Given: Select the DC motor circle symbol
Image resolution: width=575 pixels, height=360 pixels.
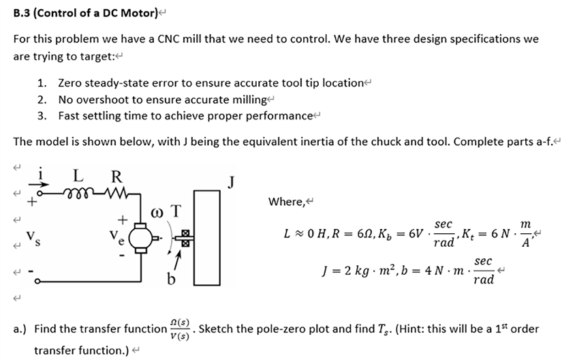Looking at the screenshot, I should tap(142, 238).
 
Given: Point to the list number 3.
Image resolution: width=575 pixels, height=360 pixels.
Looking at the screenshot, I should tap(42, 115).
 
